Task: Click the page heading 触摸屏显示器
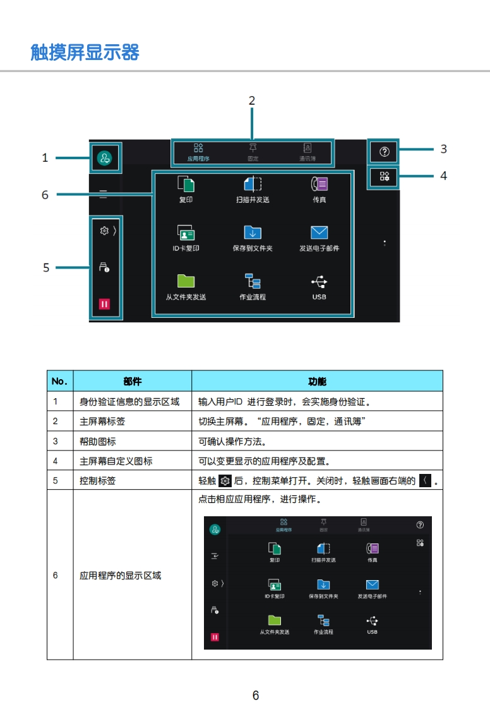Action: pos(85,52)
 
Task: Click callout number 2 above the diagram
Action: pos(251,100)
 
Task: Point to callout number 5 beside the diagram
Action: pos(46,268)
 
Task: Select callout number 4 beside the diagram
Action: pos(443,176)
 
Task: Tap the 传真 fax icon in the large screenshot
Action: pos(320,184)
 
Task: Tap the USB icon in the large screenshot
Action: pos(319,282)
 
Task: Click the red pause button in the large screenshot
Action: pos(104,304)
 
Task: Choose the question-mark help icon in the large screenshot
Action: pos(385,152)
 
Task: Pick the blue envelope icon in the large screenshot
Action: pos(320,233)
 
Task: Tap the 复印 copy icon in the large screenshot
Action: pos(186,184)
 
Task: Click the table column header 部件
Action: pos(133,381)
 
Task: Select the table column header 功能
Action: pos(317,381)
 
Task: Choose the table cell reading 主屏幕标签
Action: pos(102,421)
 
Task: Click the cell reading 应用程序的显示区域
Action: pos(120,576)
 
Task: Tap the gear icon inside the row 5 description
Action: pos(225,482)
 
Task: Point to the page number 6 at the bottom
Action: pos(256,696)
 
